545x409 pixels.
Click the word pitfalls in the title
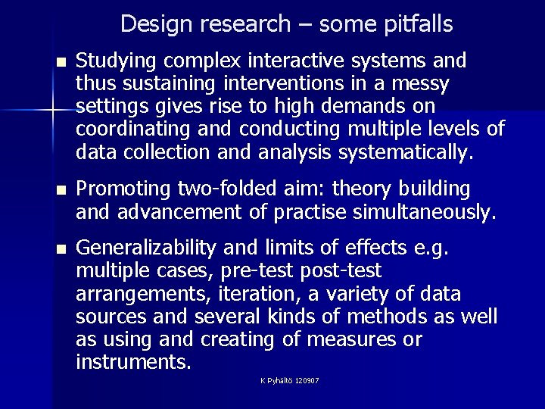414,25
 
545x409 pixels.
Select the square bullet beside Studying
61,61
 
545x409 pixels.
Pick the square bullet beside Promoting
61,188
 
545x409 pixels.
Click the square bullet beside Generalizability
61,248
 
